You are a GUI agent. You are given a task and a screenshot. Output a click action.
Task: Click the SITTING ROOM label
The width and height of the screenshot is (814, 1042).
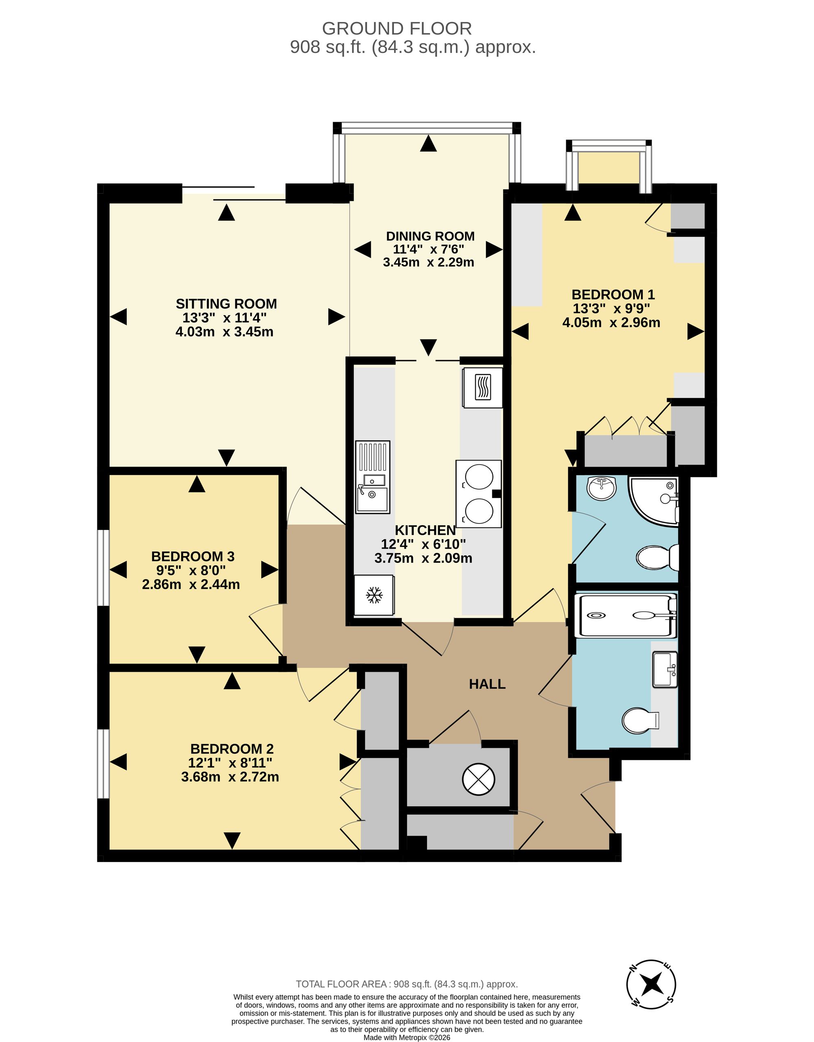[226, 304]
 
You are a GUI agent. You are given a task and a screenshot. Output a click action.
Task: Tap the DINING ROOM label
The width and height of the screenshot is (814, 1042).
[430, 236]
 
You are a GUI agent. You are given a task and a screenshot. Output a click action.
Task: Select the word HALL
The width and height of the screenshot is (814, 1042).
[487, 684]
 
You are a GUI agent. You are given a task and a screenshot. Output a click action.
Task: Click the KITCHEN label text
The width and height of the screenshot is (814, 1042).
[425, 530]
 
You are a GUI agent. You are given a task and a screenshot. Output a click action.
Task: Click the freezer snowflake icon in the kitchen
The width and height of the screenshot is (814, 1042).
[374, 595]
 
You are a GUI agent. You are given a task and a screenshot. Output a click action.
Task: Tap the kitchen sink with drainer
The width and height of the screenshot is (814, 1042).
[373, 477]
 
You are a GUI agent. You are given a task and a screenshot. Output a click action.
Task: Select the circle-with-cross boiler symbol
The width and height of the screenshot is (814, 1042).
[479, 779]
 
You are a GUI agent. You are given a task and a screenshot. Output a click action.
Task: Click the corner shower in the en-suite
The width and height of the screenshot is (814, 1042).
[654, 501]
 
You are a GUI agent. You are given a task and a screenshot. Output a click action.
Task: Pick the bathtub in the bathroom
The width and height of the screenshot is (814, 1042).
[626, 615]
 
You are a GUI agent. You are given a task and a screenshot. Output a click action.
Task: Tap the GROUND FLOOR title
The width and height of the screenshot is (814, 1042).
[397, 28]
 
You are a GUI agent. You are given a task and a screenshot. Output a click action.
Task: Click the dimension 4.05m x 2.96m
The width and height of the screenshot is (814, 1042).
[611, 322]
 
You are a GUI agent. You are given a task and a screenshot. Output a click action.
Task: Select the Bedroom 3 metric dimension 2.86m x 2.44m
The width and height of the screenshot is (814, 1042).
[191, 584]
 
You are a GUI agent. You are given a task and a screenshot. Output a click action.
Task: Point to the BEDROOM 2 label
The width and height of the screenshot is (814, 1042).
[232, 749]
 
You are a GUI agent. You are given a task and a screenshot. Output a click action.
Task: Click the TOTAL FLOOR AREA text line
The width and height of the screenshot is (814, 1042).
[407, 984]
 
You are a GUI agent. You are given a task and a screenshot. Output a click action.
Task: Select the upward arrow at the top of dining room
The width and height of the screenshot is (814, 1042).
[428, 143]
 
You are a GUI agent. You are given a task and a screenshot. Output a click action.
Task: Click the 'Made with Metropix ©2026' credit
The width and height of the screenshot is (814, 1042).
[407, 1037]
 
